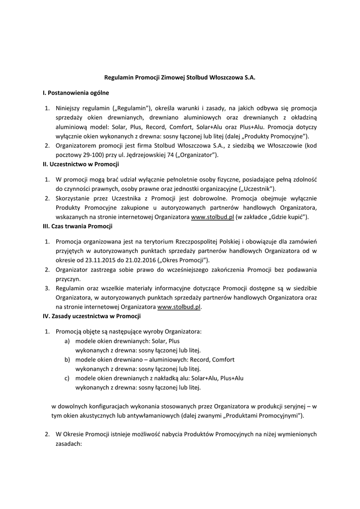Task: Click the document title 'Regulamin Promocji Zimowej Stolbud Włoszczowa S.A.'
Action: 180,78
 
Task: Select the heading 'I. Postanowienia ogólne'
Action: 76,92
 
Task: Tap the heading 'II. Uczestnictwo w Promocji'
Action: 81,164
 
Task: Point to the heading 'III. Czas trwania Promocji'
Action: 78,226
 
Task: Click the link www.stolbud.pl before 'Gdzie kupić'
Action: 212,217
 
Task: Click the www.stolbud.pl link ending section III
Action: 179,307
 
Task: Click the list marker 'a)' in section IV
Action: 67,341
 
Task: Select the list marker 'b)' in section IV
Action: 67,359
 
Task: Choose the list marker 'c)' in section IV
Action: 67,378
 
